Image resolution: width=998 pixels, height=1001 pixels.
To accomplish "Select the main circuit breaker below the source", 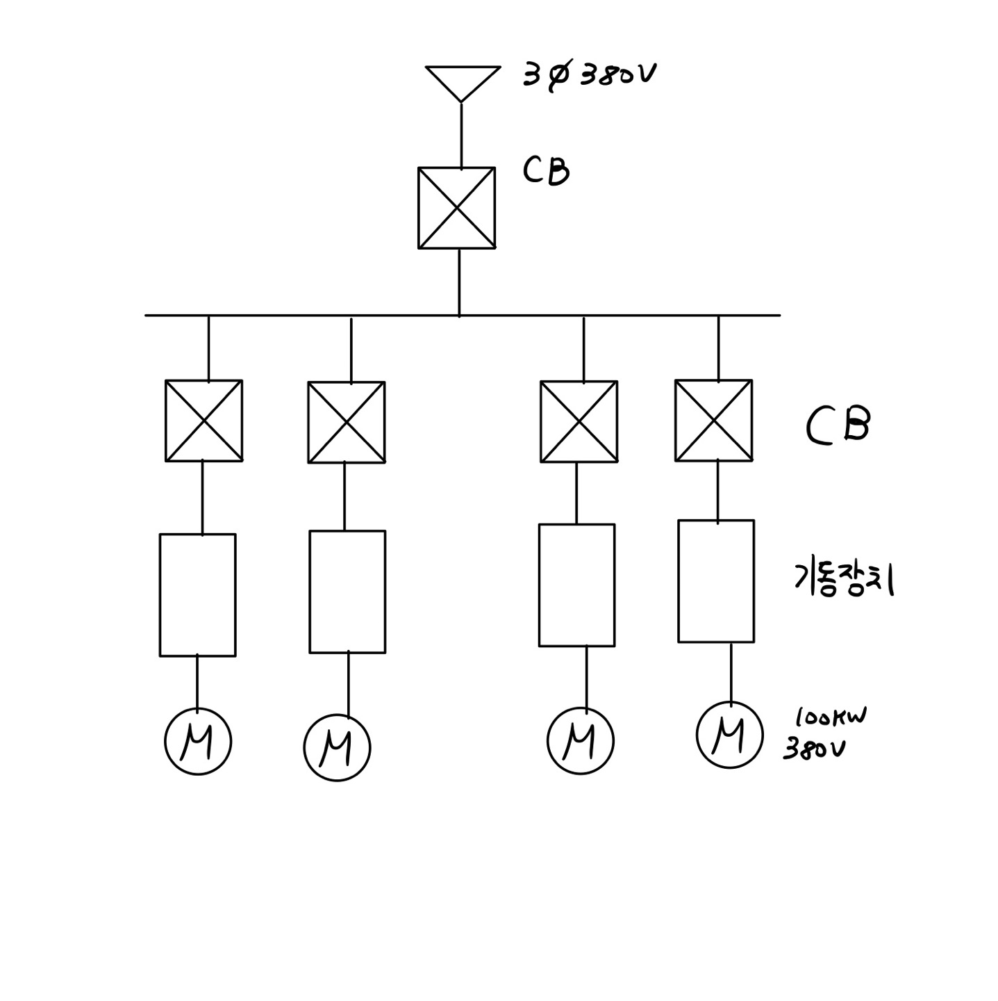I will click(x=456, y=207).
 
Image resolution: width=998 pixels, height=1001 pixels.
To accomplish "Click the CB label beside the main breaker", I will click(x=546, y=171).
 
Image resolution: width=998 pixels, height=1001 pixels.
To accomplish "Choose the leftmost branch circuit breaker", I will click(x=203, y=420).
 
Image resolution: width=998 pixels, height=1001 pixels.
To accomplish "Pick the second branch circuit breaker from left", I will click(x=346, y=422).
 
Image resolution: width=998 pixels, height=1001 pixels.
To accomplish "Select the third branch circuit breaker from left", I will click(x=579, y=421).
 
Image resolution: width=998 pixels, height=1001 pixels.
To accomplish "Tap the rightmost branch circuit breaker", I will click(x=713, y=420).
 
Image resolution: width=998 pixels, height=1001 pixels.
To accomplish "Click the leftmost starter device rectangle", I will click(x=197, y=594).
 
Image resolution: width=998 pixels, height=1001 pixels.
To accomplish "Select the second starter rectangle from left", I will click(x=347, y=592).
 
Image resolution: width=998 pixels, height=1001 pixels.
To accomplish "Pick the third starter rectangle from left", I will click(x=576, y=585).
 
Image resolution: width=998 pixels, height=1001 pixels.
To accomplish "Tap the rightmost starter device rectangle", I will click(x=716, y=580).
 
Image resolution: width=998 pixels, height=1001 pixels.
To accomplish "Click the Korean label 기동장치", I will click(x=843, y=578).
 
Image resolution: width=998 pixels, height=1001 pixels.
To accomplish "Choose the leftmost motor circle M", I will click(x=198, y=742).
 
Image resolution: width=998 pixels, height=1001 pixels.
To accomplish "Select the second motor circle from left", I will click(x=337, y=747).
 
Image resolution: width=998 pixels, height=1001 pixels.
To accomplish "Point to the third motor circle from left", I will click(x=581, y=740).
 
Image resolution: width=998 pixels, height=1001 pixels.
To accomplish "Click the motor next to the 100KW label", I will click(x=729, y=735).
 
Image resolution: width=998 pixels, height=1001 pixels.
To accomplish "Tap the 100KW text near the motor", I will click(x=831, y=717).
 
